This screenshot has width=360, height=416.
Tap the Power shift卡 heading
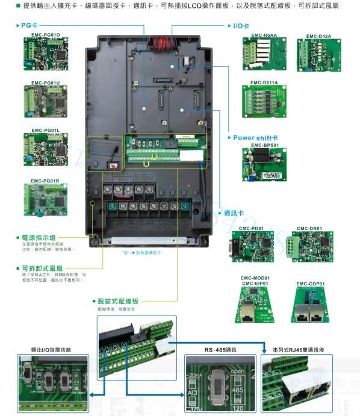255,138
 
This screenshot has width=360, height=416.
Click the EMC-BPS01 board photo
264,164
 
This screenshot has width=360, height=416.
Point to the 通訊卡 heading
234,214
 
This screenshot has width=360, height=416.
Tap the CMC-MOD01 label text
255,278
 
